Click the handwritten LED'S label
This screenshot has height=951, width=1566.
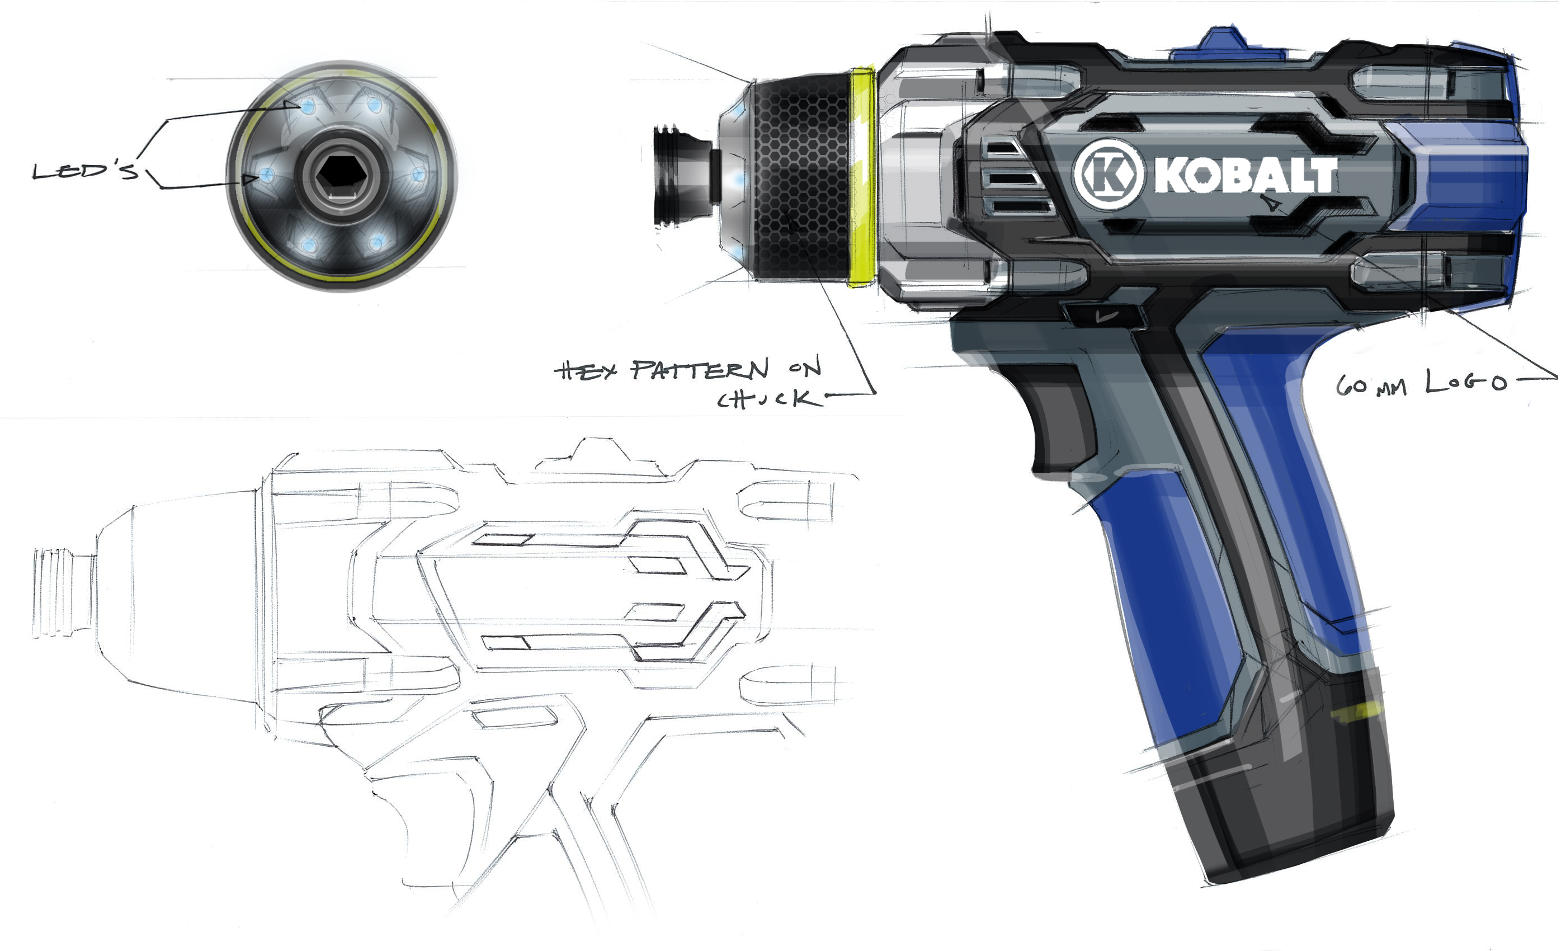[x=85, y=171]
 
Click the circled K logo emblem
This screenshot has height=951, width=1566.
[x=1109, y=174]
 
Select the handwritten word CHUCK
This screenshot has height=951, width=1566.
[x=766, y=399]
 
